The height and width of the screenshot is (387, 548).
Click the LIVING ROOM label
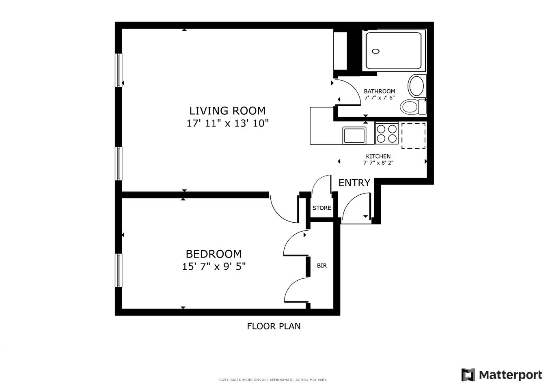click(x=227, y=111)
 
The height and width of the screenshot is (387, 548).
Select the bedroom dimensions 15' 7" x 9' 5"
click(x=214, y=267)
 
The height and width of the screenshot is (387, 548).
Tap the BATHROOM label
click(x=379, y=91)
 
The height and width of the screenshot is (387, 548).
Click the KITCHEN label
click(x=378, y=156)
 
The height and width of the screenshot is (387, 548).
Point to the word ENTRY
click(x=354, y=183)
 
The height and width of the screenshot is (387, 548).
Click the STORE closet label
click(x=321, y=208)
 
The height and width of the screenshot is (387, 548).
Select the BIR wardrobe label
click(x=321, y=266)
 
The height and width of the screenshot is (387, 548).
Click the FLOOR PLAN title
click(x=274, y=326)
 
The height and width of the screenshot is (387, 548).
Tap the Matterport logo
click(x=501, y=375)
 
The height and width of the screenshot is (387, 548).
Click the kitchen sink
click(x=354, y=135)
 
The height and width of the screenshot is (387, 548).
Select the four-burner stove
click(x=386, y=133)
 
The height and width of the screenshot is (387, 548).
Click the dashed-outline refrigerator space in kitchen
click(x=413, y=136)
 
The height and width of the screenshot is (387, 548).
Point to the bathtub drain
click(x=376, y=51)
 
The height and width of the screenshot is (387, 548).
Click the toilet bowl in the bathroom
click(x=410, y=107)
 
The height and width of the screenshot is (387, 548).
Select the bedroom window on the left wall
click(x=119, y=270)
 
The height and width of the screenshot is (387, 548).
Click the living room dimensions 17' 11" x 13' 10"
click(x=227, y=123)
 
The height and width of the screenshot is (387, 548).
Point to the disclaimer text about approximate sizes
click(x=273, y=380)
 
